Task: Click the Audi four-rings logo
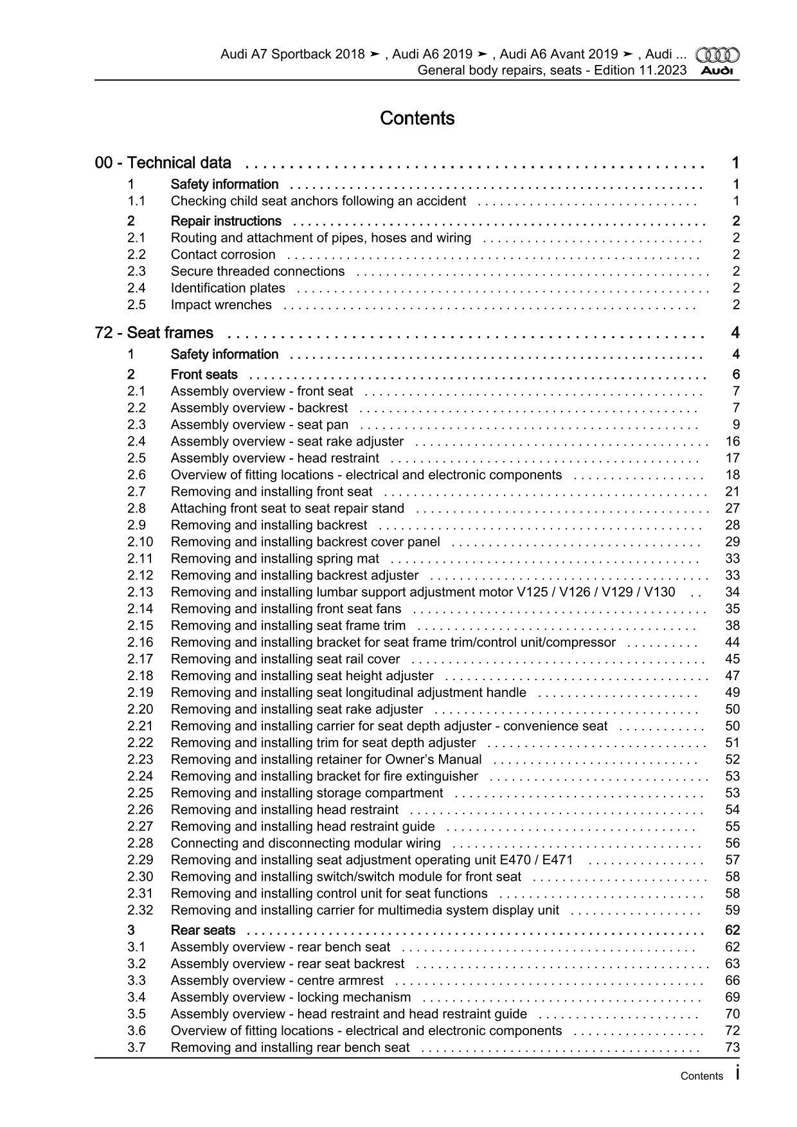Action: pyautogui.click(x=717, y=55)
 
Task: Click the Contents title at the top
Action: pyautogui.click(x=417, y=118)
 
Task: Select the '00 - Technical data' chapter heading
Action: pyautogui.click(x=163, y=163)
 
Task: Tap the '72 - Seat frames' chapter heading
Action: pyautogui.click(x=154, y=332)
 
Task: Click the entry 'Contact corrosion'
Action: pyautogui.click(x=222, y=255)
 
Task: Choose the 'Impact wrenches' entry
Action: pyautogui.click(x=220, y=305)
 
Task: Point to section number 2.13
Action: pyautogui.click(x=140, y=591)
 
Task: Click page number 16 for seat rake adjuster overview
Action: pyautogui.click(x=732, y=441)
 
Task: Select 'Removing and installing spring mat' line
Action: pyautogui.click(x=274, y=558)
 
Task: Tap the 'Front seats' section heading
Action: pyautogui.click(x=204, y=374)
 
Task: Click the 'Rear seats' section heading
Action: pyautogui.click(x=202, y=930)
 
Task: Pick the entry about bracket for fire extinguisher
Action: pyautogui.click(x=324, y=776)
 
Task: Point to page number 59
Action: pyautogui.click(x=732, y=910)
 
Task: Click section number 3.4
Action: pyautogui.click(x=136, y=996)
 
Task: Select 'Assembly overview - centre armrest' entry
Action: pyautogui.click(x=276, y=980)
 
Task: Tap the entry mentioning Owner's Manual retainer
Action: pyautogui.click(x=326, y=759)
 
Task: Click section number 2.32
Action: pyautogui.click(x=140, y=910)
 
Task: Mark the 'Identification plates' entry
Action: pyautogui.click(x=228, y=288)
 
